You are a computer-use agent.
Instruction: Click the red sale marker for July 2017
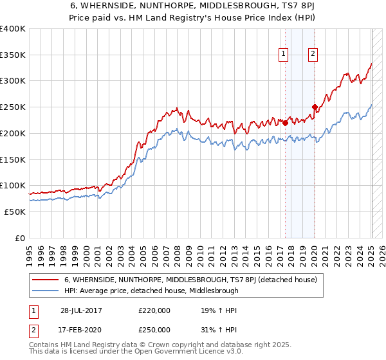coord(285,123)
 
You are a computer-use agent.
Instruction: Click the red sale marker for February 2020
coord(315,107)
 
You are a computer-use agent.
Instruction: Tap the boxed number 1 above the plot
coord(284,55)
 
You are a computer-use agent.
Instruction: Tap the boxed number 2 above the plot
coord(313,55)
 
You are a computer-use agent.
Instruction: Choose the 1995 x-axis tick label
coord(30,251)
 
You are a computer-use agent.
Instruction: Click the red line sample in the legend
coord(46,280)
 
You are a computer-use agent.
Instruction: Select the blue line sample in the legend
coord(46,291)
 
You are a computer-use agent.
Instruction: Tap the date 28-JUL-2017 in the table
coord(81,310)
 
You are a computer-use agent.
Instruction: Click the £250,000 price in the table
coord(154,329)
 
